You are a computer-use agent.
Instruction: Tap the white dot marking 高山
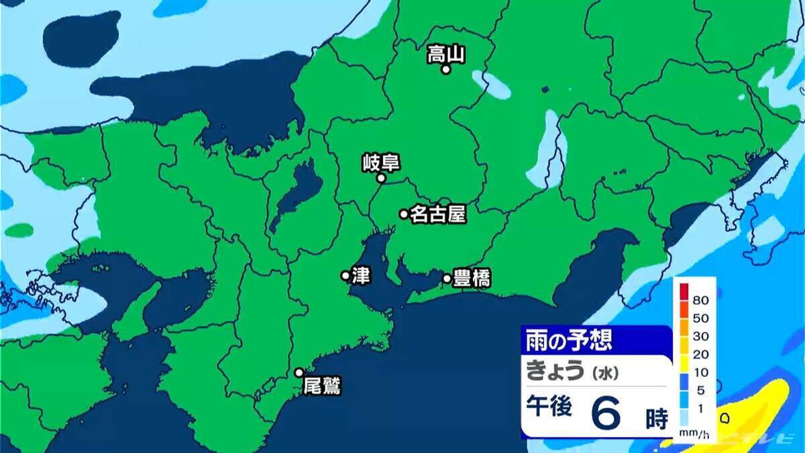[x=445, y=69]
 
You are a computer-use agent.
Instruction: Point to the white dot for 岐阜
[x=380, y=179]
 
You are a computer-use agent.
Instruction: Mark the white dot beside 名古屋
[x=404, y=214]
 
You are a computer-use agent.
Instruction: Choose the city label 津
[x=360, y=275]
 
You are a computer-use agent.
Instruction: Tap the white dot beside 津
[x=345, y=275]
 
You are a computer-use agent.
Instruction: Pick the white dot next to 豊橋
[x=447, y=278]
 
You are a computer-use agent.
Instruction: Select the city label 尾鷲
[x=322, y=387]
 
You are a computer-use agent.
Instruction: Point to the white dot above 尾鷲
[x=299, y=372]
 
